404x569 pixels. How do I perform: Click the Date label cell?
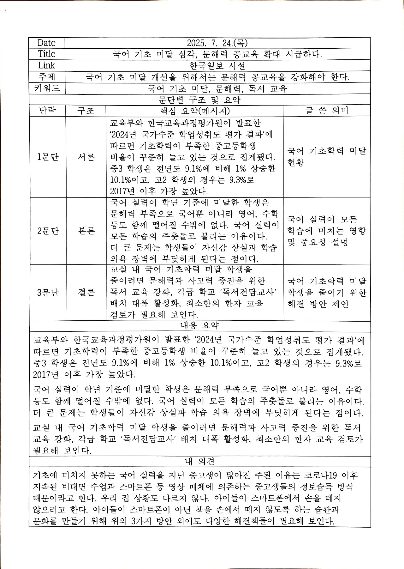point(46,43)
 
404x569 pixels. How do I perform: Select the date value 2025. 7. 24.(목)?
point(217,43)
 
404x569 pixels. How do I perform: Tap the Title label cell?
point(46,54)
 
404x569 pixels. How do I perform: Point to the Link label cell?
point(46,65)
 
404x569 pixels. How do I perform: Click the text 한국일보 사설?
point(217,66)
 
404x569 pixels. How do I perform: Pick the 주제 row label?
point(46,77)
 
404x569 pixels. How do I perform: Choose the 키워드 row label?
point(47,88)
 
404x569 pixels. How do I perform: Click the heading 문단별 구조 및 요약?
point(199,100)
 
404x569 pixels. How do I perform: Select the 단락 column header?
point(47,111)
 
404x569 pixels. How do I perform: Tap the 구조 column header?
point(86,111)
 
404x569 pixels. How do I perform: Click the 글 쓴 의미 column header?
point(327,111)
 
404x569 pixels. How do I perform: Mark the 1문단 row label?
point(48,157)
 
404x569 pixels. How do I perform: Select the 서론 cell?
point(86,157)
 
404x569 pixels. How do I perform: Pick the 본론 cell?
point(86,231)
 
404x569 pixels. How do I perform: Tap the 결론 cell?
point(86,292)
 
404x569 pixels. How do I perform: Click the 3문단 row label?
point(48,292)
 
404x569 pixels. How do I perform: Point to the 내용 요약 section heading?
point(199,326)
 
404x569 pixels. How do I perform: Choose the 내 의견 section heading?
point(199,462)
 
